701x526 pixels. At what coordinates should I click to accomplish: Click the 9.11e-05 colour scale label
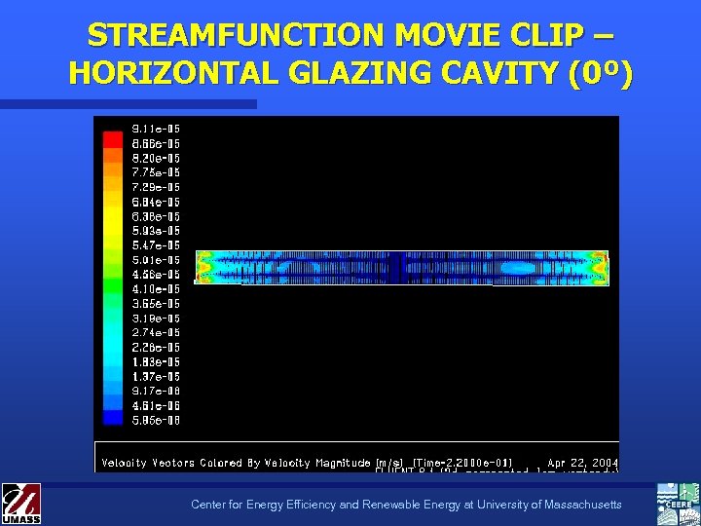click(156, 129)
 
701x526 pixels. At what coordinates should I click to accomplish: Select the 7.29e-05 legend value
click(156, 187)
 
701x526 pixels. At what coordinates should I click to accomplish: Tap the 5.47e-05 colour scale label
click(156, 245)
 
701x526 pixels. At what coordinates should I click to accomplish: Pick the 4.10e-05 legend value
click(156, 289)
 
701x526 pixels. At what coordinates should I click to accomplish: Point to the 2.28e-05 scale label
click(156, 348)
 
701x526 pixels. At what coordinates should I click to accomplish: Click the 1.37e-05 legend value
click(156, 377)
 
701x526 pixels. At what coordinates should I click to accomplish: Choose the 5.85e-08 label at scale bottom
click(156, 421)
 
